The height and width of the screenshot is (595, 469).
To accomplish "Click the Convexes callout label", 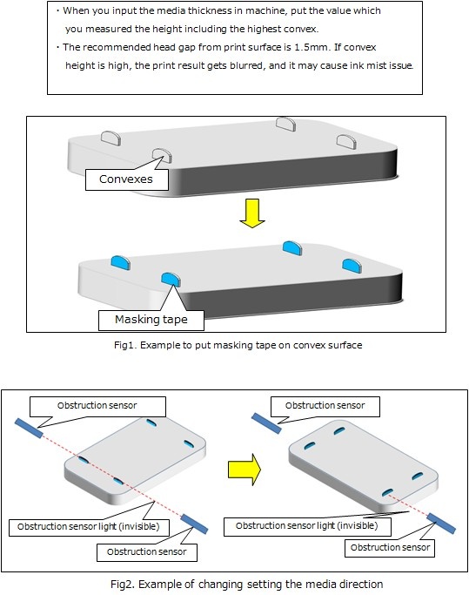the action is (126, 179).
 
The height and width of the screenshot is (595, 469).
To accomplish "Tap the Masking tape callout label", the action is (151, 320).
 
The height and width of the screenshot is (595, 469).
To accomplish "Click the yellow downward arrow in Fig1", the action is (252, 213).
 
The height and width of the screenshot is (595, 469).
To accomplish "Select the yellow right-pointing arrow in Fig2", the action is (245, 470).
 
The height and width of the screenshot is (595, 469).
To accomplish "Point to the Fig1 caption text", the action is (238, 345).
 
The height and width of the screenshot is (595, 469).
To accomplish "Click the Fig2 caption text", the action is (247, 584).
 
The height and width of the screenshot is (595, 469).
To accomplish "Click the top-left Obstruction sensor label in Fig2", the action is (97, 405).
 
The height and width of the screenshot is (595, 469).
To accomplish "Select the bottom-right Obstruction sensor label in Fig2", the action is (390, 547).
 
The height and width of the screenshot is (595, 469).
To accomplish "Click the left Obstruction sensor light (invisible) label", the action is (89, 526).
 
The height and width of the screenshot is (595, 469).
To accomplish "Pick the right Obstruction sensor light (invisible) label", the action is (307, 525).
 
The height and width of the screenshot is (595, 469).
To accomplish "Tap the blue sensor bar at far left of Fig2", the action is (29, 428).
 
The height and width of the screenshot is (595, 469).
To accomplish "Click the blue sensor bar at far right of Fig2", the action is (441, 523).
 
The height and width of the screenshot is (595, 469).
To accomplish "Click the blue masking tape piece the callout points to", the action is (171, 279).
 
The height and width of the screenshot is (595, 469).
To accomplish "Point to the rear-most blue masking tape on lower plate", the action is (292, 247).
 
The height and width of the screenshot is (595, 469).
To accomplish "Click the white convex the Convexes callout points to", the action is (162, 155).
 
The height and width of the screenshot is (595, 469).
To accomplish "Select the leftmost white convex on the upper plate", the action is (111, 138).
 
